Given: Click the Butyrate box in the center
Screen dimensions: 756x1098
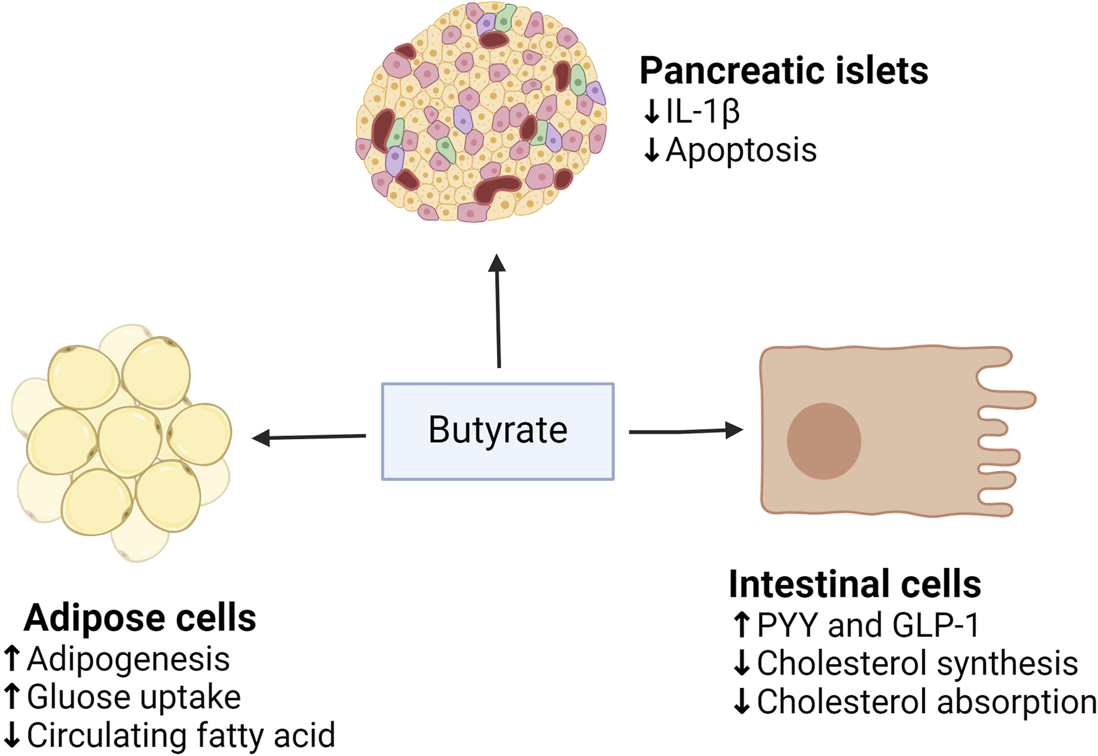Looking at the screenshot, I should coord(498,431).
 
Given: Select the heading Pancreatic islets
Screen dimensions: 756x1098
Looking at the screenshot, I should coord(783,70).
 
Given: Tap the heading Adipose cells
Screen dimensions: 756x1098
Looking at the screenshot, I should coord(140,618).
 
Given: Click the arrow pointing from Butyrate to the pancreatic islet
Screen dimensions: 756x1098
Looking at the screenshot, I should coord(498,310).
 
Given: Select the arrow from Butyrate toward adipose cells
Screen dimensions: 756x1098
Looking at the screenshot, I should coord(310,437).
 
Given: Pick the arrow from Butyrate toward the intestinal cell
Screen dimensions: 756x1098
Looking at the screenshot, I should coord(685,430).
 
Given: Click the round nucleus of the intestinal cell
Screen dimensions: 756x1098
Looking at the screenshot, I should coord(823,440).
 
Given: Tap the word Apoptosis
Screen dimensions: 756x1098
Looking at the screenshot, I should coord(741,150).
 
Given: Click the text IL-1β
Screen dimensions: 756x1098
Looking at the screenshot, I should coord(703,112).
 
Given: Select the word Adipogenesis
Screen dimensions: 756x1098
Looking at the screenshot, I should coord(128,659).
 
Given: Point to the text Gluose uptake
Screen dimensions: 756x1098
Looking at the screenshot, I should coord(134,696).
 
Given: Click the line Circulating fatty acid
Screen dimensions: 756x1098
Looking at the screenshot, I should coord(180,735).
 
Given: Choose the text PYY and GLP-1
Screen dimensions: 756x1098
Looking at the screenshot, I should coord(867,625).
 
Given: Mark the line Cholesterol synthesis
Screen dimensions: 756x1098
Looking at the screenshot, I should coord(917,663).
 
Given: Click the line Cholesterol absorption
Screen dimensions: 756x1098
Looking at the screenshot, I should coord(926,701).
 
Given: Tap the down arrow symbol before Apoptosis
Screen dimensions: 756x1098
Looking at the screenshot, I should coord(651,150).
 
